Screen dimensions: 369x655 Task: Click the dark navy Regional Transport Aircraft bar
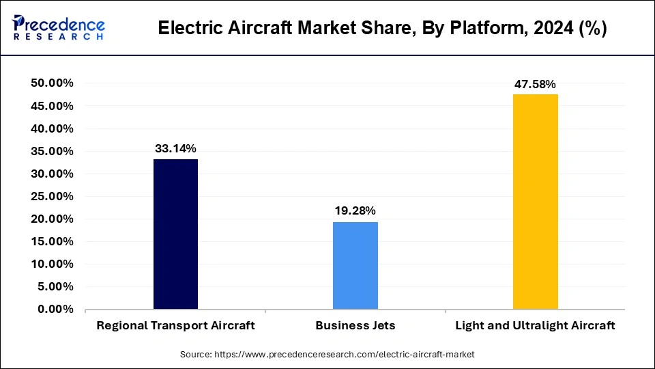(175, 234)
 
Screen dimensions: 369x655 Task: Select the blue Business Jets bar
(355, 265)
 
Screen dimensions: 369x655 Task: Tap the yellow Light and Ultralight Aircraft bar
(535, 202)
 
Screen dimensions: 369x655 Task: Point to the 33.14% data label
(175, 148)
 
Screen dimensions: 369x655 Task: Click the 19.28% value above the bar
(355, 210)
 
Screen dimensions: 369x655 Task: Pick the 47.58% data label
(535, 83)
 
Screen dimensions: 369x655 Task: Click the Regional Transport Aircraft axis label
(175, 325)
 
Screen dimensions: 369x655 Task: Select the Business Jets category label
(355, 325)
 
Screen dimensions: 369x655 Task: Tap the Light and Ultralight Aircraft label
(535, 325)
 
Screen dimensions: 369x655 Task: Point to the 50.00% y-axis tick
(52, 83)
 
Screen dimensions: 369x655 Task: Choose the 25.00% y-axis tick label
(52, 196)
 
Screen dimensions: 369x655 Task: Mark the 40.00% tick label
(52, 128)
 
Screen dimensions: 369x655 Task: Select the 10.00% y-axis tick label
(52, 264)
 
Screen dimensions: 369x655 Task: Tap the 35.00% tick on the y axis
(52, 151)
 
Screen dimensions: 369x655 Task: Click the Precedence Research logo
(59, 28)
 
